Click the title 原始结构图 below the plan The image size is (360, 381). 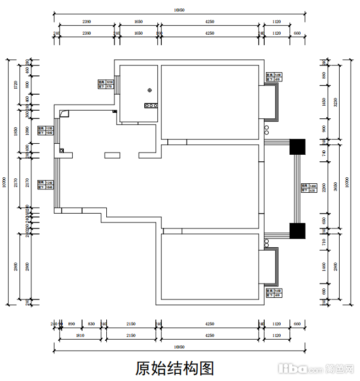[174, 367]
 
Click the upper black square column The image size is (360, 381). [297, 147]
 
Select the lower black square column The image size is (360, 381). [297, 231]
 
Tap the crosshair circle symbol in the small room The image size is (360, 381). [149, 90]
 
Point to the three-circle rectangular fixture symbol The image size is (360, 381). [151, 105]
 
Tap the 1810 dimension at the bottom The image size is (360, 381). [79, 335]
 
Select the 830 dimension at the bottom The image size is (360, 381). [91, 324]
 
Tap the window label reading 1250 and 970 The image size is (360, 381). [105, 84]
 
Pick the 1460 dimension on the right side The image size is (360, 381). [324, 268]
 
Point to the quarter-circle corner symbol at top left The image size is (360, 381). [65, 113]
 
